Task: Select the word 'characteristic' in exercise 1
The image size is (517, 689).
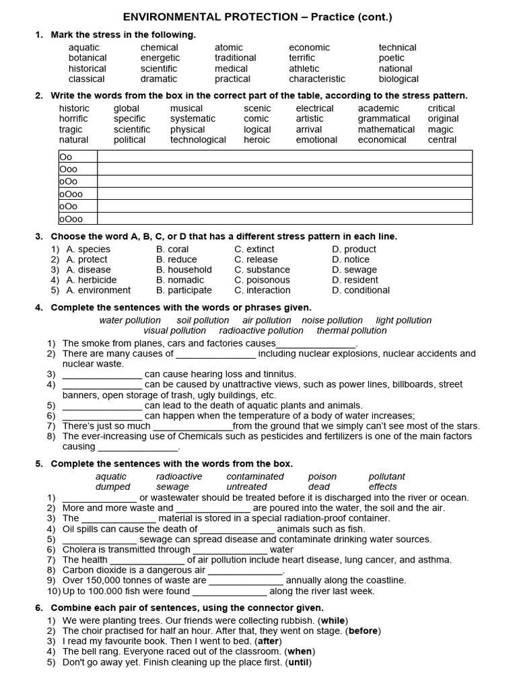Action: [317, 79]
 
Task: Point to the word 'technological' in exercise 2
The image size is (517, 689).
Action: [198, 140]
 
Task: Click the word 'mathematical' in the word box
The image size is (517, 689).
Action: [386, 129]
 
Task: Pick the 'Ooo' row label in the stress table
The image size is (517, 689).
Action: [69, 170]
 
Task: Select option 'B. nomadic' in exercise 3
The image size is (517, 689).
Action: [180, 280]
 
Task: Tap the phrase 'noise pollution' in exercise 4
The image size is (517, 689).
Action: [332, 320]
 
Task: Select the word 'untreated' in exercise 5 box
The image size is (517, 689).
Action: [246, 486]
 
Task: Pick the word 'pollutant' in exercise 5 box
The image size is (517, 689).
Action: [386, 476]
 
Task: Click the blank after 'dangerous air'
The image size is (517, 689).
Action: [245, 571]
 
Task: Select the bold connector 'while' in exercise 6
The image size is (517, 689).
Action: [335, 620]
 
